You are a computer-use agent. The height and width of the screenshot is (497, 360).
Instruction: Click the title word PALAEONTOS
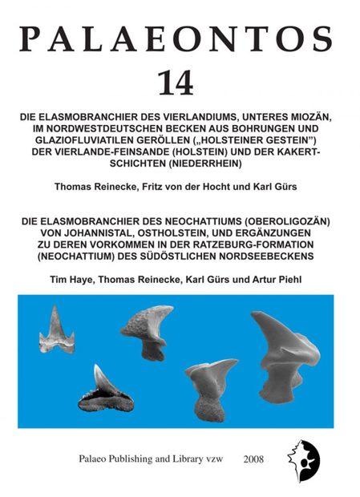point(180,38)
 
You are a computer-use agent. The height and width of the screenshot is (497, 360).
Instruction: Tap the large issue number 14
point(180,83)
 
